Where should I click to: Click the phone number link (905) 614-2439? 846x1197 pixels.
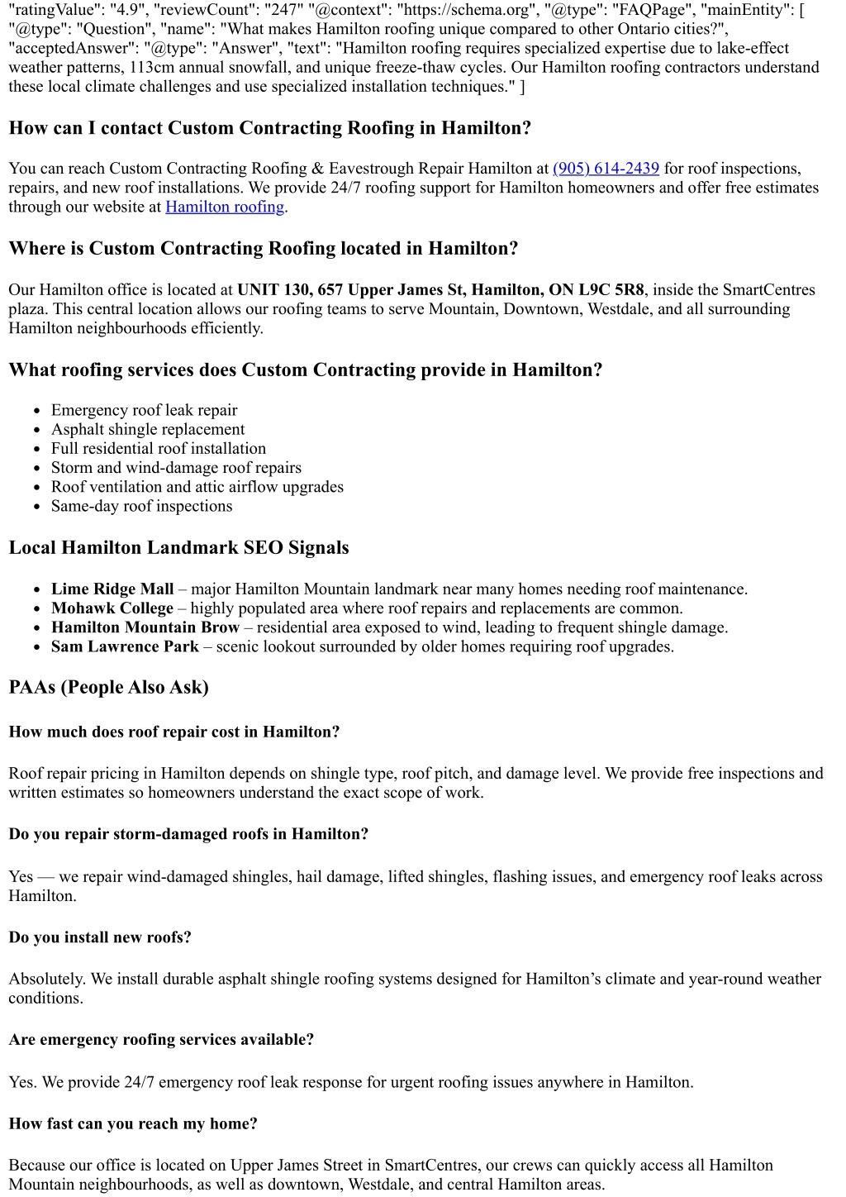[x=606, y=169]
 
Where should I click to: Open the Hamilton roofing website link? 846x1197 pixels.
[x=225, y=207]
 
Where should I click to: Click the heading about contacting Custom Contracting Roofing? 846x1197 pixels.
[x=269, y=128]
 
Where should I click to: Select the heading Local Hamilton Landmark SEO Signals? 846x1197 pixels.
[x=178, y=548]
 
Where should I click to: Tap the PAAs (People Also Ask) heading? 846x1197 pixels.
[x=108, y=688]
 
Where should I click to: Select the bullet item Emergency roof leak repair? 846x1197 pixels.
[x=144, y=411]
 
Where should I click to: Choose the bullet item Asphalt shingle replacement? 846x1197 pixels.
[x=148, y=430]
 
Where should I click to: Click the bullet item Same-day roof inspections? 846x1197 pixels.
[x=141, y=507]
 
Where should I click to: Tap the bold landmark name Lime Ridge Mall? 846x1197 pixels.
[x=112, y=589]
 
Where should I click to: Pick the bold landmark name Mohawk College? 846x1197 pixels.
[x=112, y=608]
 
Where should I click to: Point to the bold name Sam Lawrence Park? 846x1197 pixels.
[x=125, y=647]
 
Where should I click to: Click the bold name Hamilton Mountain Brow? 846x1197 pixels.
[x=145, y=628]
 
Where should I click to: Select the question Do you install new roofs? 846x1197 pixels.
[x=100, y=937]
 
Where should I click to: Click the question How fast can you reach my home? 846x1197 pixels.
[x=133, y=1124]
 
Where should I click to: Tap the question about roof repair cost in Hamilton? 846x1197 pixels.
[x=174, y=732]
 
